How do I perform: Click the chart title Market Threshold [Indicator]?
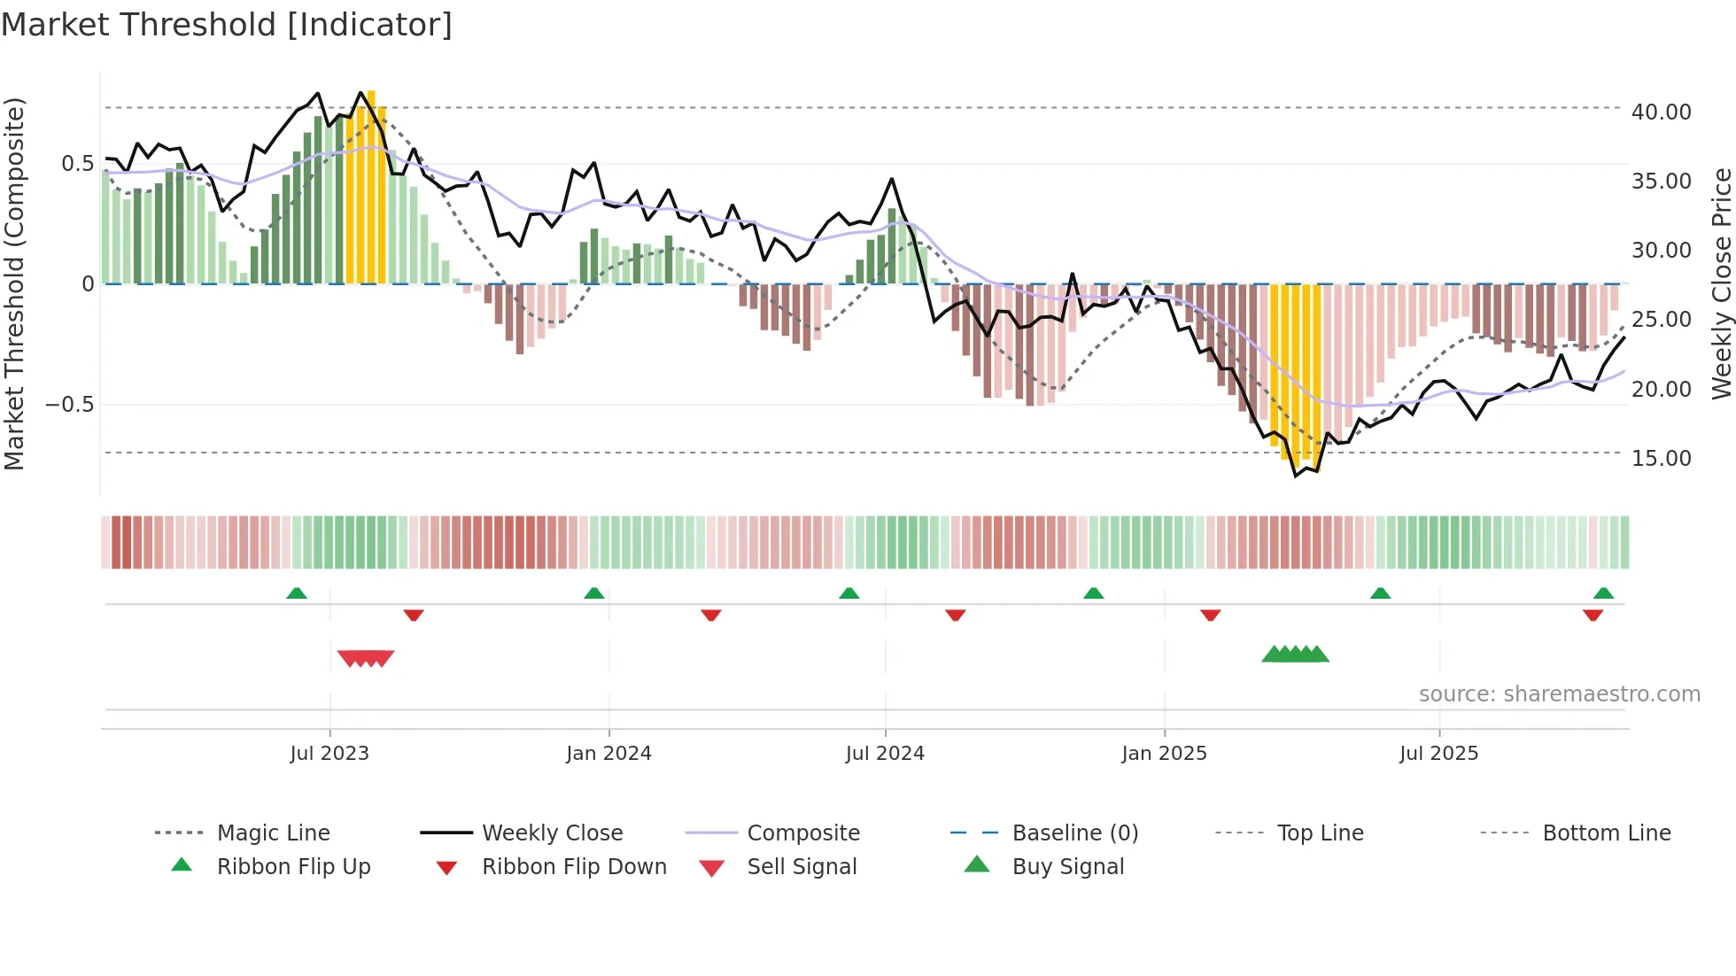(x=227, y=25)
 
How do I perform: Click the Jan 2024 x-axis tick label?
(x=608, y=754)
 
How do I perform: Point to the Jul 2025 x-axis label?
(x=1438, y=754)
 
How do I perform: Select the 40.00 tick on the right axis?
(x=1661, y=112)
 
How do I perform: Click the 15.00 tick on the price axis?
(x=1661, y=459)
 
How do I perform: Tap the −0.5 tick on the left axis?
(x=69, y=405)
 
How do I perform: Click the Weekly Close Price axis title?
(x=1721, y=283)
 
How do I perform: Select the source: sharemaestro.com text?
(x=1559, y=694)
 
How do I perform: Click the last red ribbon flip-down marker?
(x=1593, y=615)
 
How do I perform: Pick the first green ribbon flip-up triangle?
(x=297, y=593)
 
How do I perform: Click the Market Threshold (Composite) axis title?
(x=14, y=283)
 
